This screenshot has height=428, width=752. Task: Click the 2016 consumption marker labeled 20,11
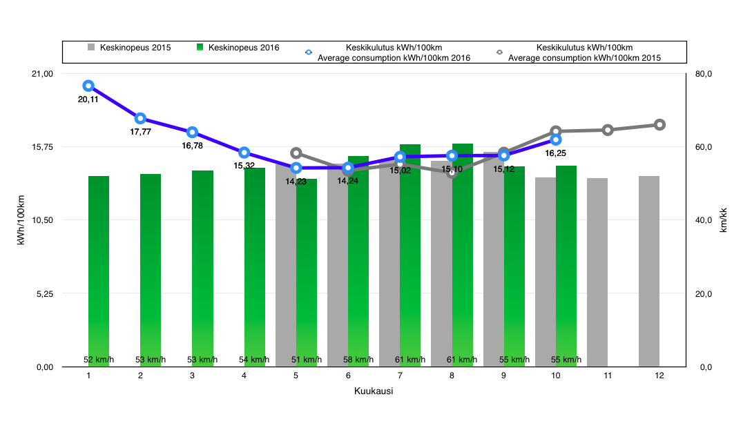point(88,86)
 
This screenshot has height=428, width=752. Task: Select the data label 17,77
point(140,131)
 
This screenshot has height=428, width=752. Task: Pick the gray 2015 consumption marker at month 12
point(659,124)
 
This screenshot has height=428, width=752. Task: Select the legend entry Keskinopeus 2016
point(238,48)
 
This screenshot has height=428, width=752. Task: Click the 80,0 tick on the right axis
point(703,74)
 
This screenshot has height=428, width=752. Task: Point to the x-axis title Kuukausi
point(374,391)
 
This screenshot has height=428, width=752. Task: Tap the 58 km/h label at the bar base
point(358,360)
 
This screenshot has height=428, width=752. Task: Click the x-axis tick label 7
point(400,376)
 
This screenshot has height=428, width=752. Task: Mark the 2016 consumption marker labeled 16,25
point(556,139)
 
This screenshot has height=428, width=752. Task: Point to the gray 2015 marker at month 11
point(608,130)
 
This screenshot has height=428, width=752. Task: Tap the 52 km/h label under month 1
point(99,360)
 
